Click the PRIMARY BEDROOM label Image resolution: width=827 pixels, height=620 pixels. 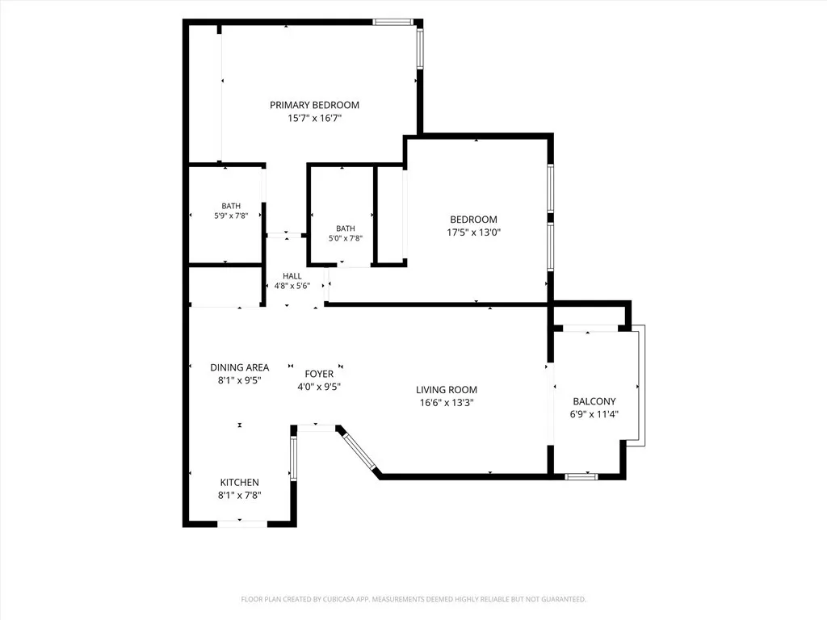[x=314, y=105]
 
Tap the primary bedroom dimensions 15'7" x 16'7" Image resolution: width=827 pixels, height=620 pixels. [x=314, y=118]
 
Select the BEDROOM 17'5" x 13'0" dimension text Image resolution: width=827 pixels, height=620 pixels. [x=473, y=232]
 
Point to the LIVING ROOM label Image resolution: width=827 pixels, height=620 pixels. [x=446, y=390]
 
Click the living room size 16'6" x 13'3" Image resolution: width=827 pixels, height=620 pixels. [x=446, y=404]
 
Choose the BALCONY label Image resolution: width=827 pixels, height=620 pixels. [x=594, y=401]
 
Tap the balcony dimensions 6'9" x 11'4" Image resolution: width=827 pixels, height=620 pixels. [x=594, y=414]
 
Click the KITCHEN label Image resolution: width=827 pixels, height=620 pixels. [x=239, y=483]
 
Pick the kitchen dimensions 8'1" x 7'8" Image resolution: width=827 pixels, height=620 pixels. [x=239, y=496]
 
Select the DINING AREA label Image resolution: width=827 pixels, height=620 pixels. [x=239, y=367]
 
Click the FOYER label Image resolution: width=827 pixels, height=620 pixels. [x=319, y=374]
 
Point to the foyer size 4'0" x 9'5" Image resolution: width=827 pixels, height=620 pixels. [x=319, y=387]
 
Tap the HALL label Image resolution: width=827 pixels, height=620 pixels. [x=292, y=276]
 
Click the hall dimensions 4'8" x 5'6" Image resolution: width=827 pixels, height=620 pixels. [x=292, y=286]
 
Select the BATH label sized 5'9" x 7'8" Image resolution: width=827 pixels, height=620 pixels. [x=231, y=206]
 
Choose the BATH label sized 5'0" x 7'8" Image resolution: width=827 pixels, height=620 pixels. [x=346, y=228]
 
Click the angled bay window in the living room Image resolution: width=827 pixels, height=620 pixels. [x=359, y=450]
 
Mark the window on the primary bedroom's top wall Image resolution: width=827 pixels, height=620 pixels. [x=393, y=22]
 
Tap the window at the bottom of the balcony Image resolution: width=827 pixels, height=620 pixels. [x=581, y=476]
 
